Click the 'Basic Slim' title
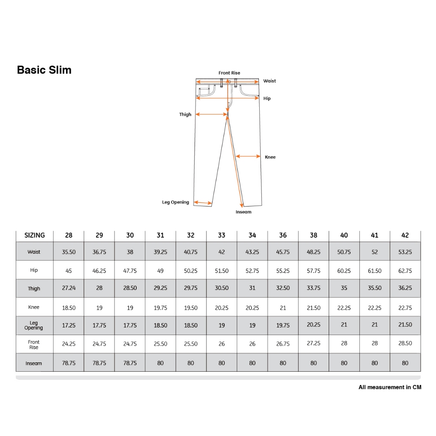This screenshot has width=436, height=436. coord(44,70)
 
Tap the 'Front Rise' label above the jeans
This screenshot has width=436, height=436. coord(229,73)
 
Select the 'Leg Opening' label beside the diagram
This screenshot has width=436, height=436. coord(175,202)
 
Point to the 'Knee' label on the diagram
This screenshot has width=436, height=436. coord(270,157)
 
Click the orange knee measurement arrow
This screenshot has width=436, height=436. coord(248,156)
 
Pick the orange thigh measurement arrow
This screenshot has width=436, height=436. coord(211,114)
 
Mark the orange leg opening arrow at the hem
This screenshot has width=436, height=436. coord(203,203)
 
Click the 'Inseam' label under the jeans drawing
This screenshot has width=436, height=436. coord(243,212)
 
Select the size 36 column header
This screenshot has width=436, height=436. coord(283,235)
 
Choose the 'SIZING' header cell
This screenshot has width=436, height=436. coord(34,235)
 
